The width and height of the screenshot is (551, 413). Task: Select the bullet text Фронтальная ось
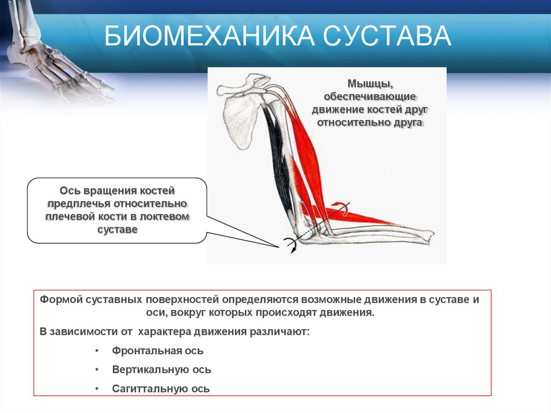[x=158, y=351]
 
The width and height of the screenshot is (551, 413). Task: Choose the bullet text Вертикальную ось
[x=161, y=370]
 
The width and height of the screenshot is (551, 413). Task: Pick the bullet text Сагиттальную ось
[x=161, y=389]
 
